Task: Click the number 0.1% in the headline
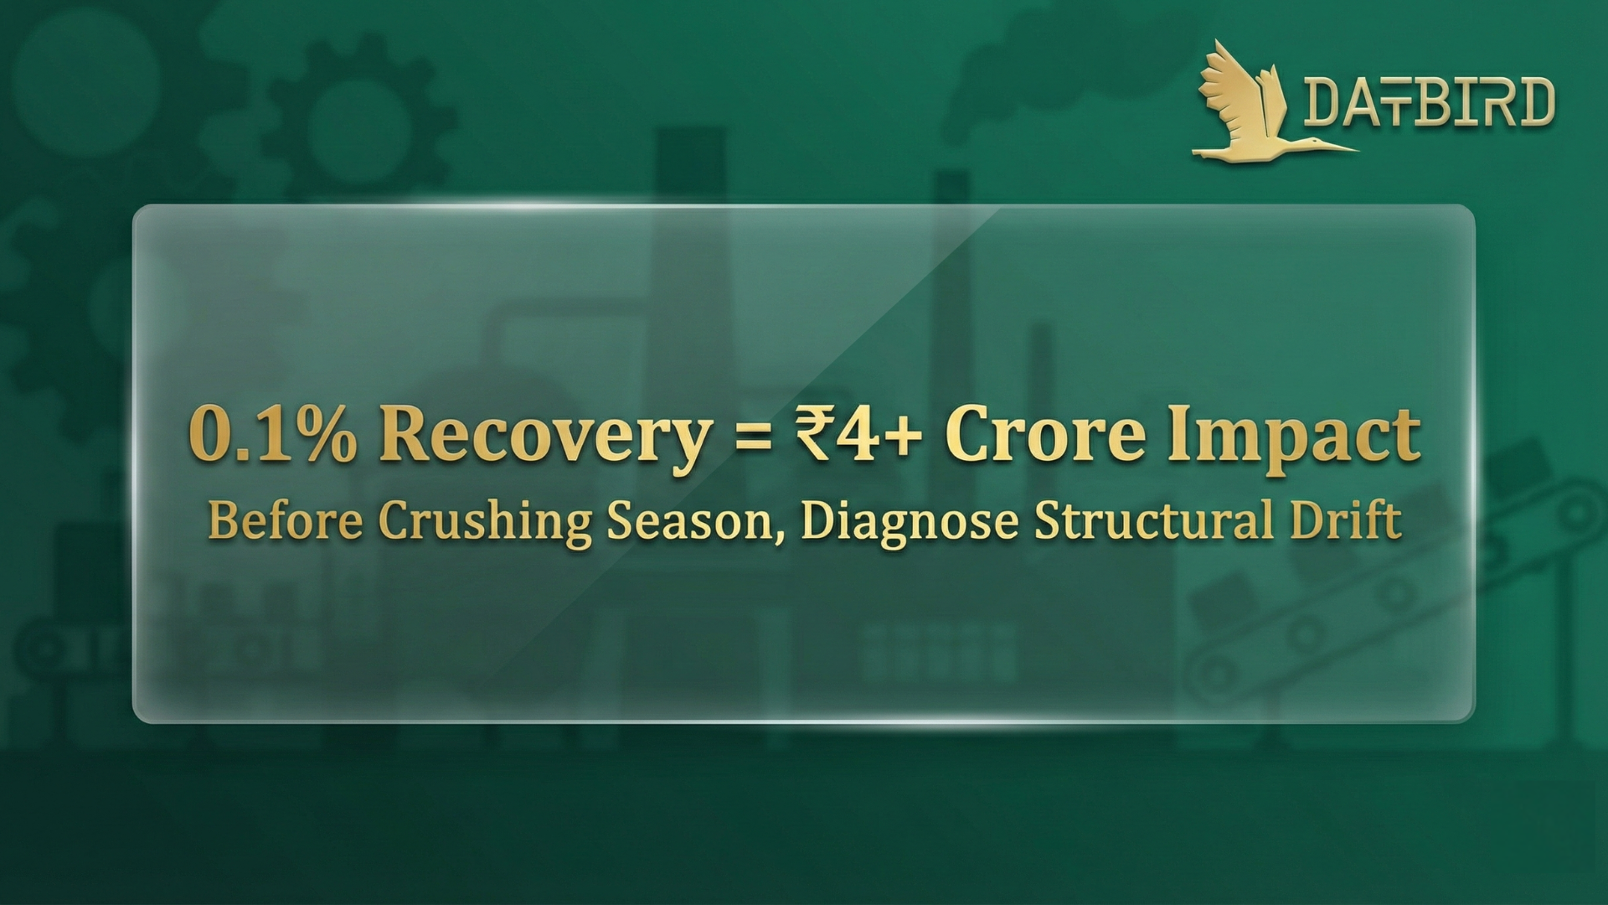click(273, 433)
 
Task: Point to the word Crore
click(1045, 435)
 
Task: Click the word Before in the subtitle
click(286, 520)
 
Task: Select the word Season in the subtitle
click(688, 520)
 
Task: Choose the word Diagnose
click(910, 523)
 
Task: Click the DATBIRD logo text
click(1429, 102)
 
